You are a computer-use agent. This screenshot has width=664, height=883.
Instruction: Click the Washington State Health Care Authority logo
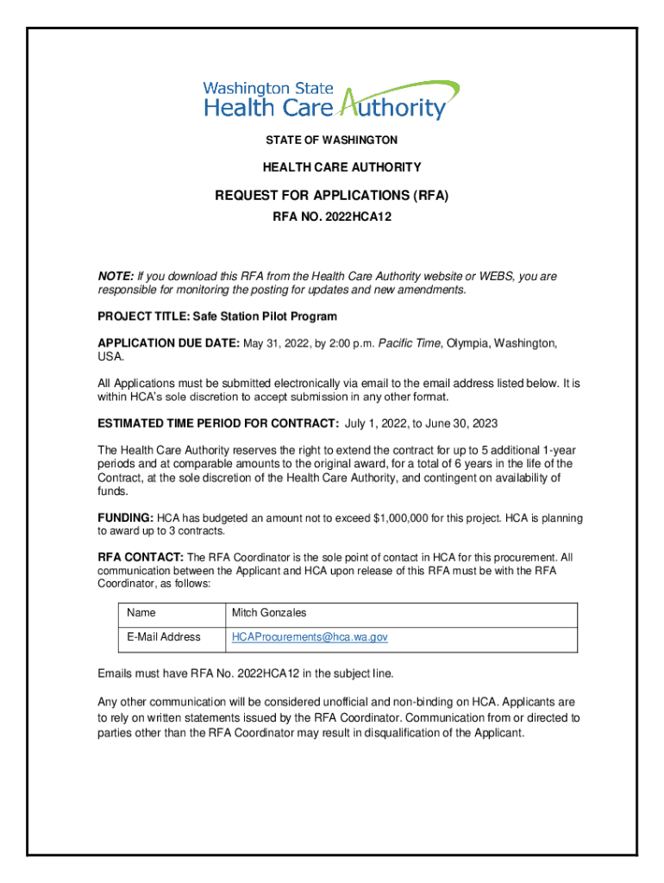pyautogui.click(x=331, y=102)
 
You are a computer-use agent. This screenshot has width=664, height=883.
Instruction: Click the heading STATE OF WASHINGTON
pyautogui.click(x=331, y=140)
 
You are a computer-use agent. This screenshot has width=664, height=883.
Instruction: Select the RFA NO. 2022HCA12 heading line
pyautogui.click(x=332, y=218)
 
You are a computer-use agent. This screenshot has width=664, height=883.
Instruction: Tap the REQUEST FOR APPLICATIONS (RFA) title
pyautogui.click(x=332, y=197)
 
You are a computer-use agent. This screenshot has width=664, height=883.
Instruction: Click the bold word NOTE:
pyautogui.click(x=115, y=277)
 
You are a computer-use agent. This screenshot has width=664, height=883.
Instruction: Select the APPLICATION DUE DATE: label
pyautogui.click(x=168, y=343)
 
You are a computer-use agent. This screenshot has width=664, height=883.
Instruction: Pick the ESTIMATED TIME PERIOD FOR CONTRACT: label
pyautogui.click(x=218, y=423)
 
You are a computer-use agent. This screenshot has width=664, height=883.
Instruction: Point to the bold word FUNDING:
pyautogui.click(x=125, y=518)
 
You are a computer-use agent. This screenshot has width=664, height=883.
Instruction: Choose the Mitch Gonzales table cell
pyautogui.click(x=269, y=613)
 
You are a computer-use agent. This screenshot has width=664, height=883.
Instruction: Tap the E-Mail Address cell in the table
pyautogui.click(x=163, y=637)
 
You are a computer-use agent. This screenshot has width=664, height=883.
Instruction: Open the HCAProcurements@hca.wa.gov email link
pyautogui.click(x=310, y=637)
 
